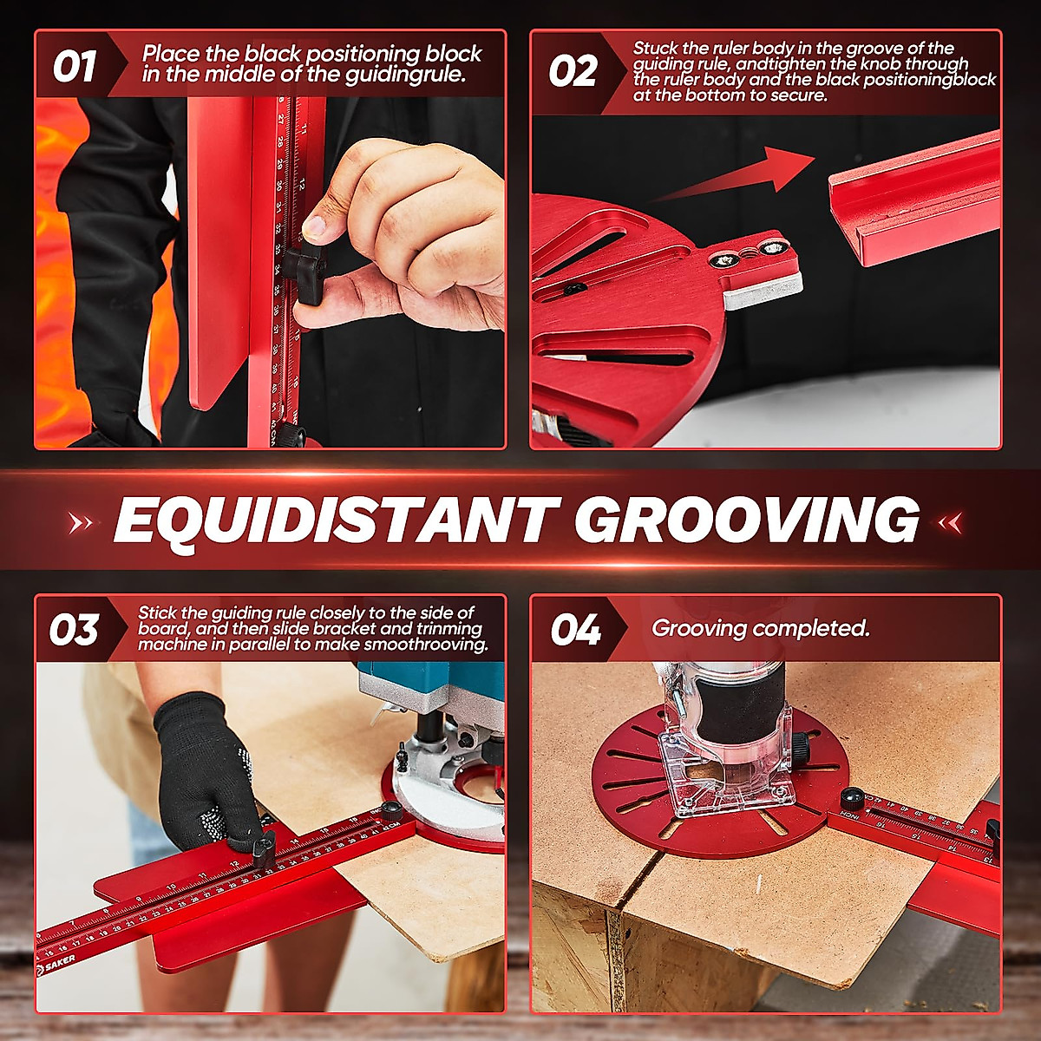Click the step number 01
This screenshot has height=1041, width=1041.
point(74,68)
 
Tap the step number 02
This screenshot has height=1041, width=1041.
point(573,71)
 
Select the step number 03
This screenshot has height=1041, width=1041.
point(74,630)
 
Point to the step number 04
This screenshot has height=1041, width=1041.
point(575,630)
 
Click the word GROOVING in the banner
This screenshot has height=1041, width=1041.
point(746,520)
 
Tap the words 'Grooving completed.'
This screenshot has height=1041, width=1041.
point(760,628)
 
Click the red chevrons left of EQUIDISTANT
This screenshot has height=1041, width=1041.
point(82,522)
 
